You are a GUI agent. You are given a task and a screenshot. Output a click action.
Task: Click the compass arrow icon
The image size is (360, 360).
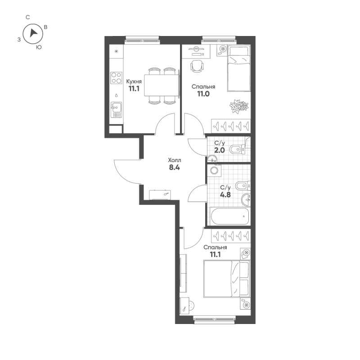pos(33,33)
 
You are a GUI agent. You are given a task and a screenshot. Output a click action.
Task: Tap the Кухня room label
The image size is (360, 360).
pos(134,81)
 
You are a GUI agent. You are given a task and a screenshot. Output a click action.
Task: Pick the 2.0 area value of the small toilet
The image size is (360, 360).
pos(220,150)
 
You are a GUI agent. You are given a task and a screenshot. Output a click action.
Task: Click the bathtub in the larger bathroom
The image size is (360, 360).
pos(229,216)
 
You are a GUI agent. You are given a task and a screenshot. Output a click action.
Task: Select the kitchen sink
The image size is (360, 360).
pos(116,108)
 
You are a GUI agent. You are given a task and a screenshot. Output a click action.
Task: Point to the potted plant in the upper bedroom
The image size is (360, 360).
pos(238,106)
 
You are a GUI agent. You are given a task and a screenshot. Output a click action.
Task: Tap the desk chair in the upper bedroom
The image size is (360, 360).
pos(197,66)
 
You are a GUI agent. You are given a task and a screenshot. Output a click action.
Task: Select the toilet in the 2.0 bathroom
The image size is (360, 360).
pos(236,149)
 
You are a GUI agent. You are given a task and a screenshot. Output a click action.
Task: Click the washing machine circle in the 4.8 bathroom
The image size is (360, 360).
pos(214,171)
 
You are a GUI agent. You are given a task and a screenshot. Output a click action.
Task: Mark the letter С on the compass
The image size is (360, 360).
pos(28,17)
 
